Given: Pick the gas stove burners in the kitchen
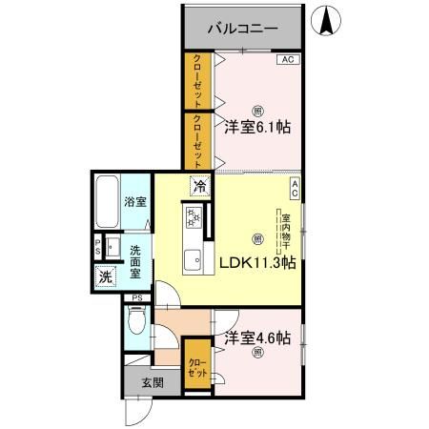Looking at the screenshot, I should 194,219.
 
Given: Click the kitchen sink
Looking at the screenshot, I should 193,258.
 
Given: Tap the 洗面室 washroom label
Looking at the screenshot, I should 136,260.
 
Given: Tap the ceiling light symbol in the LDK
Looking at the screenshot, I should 256,238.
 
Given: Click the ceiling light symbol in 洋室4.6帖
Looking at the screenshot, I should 257,355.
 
